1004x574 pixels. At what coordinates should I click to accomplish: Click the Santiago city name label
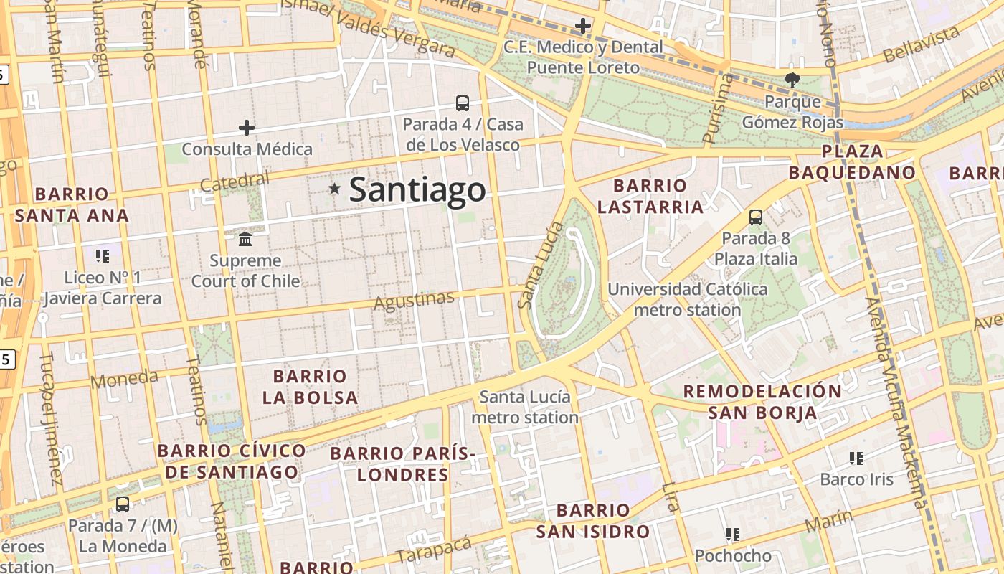417,190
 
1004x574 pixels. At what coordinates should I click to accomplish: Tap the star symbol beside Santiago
334,189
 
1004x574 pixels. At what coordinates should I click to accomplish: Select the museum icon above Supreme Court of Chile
245,238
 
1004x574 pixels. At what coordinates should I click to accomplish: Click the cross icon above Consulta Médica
247,128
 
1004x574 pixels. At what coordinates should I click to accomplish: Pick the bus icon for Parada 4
463,103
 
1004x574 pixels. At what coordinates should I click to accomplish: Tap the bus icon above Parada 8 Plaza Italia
755,217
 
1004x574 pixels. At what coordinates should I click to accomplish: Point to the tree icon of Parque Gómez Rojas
792,80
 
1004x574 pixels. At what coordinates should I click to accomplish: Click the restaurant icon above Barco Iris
856,458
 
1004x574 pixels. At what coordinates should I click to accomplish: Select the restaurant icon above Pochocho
732,535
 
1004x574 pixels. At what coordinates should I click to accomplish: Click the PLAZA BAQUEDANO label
852,162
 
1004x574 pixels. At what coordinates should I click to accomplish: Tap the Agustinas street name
414,300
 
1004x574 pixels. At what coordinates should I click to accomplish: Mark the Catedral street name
235,182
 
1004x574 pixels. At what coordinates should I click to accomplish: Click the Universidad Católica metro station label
687,300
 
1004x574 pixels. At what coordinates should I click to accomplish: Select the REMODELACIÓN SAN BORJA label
762,402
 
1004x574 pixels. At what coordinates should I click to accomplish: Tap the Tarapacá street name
434,550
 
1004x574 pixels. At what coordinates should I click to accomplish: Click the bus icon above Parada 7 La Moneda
123,504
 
